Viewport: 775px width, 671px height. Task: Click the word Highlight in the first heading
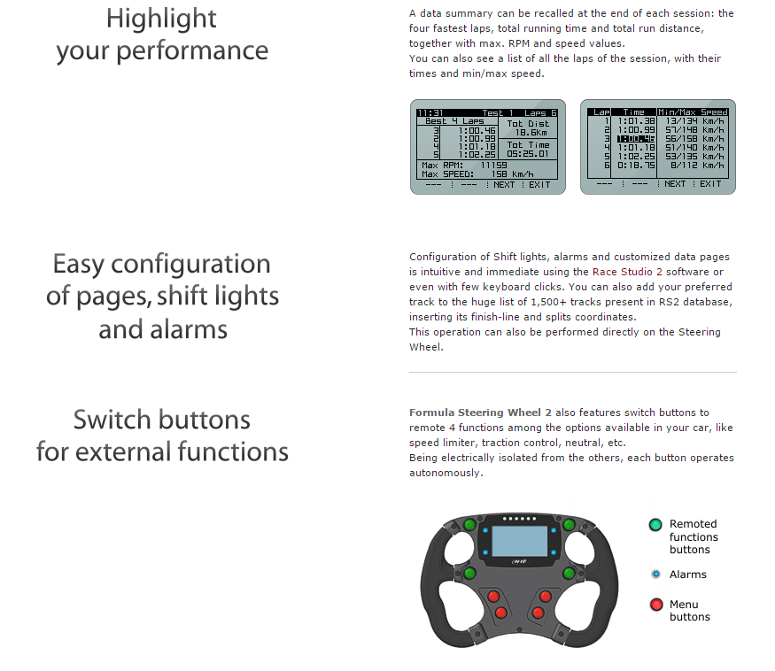[x=161, y=18]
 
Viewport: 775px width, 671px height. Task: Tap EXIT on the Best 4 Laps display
[x=539, y=185]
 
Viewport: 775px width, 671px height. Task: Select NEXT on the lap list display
[x=675, y=184]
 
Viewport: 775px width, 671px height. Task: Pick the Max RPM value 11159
[x=493, y=165]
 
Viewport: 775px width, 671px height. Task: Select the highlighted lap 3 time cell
[x=636, y=139]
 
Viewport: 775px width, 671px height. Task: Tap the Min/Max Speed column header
[x=693, y=112]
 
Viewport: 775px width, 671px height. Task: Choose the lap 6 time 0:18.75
[x=636, y=166]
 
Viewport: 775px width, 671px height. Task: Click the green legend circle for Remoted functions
[x=655, y=525]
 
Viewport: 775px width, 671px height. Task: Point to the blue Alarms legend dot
[x=655, y=575]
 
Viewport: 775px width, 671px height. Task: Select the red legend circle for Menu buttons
[x=655, y=605]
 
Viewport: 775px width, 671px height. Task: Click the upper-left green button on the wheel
[x=469, y=526]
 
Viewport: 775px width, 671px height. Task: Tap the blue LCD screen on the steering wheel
[x=519, y=539]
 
